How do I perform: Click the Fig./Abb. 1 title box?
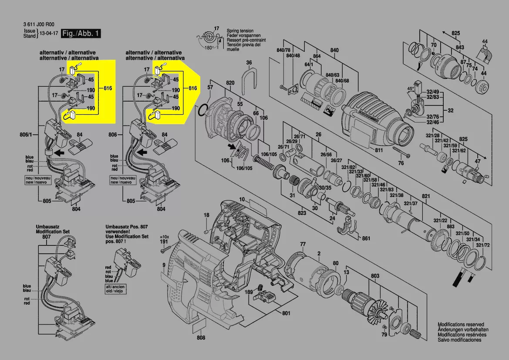pos(81,33)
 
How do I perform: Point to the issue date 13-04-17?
pos(49,34)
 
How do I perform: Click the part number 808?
pos(201,338)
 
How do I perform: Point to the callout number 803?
pos(375,276)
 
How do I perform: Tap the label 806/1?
pos(27,136)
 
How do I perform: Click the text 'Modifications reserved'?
pos(461,325)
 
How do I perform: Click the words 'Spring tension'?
pos(239,31)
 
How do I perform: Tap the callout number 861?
pos(366,238)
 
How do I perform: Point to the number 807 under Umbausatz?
pos(46,237)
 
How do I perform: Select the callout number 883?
pos(451,227)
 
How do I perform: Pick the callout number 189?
pos(248,292)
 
